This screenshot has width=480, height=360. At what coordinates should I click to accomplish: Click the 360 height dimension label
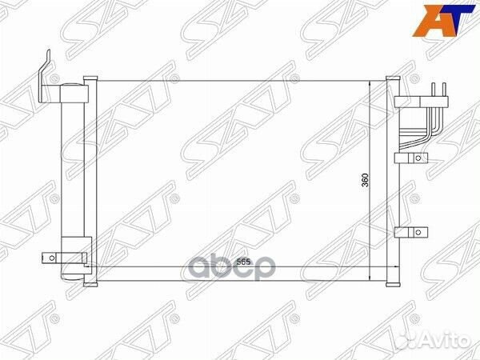click(x=366, y=181)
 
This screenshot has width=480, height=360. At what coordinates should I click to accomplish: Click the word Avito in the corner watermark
click(x=447, y=342)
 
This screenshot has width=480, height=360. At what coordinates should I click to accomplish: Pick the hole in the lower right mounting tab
click(x=417, y=233)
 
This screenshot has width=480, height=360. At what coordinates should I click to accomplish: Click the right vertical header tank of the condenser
click(x=392, y=180)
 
